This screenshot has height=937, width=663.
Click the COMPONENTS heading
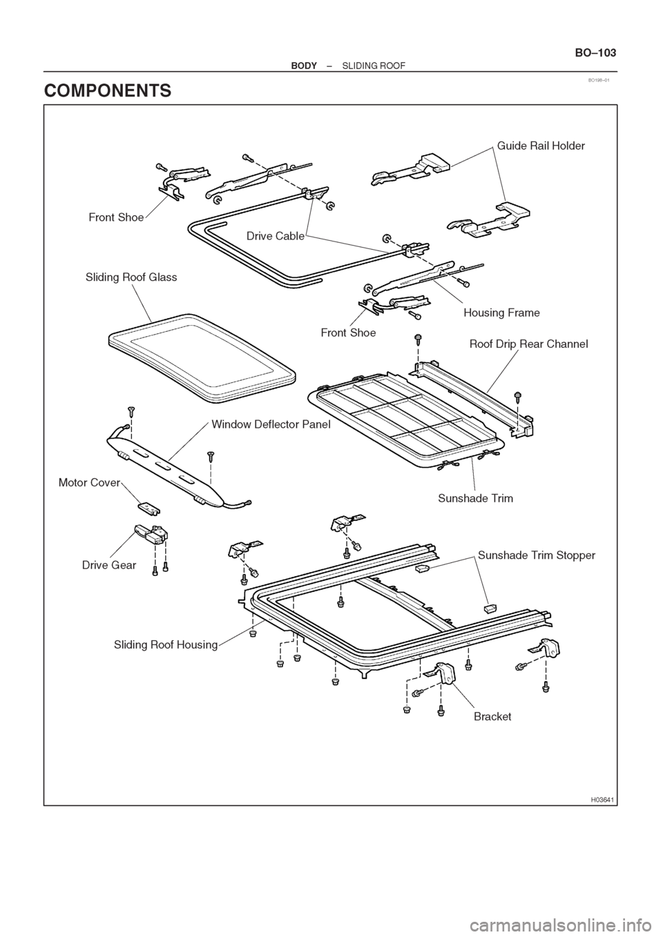pos(108,90)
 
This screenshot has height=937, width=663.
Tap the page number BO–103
pos(595,53)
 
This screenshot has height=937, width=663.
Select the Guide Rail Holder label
pos(541,146)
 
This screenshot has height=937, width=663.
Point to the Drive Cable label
pos(276,237)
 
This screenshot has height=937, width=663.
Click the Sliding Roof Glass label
pos(131,277)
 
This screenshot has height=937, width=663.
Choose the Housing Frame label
pos(502,313)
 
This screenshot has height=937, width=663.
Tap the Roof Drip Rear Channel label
pos(528,344)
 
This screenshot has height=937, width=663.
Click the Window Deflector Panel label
pos(271,424)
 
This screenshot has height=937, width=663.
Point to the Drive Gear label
pos(109,565)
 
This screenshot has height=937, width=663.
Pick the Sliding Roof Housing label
pos(166,644)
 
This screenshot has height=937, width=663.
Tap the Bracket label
pos(492,717)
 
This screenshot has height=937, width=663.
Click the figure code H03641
pos(602,800)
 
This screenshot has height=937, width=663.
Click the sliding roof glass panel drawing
pos(202,357)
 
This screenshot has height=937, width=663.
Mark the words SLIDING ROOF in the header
pos(374,66)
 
